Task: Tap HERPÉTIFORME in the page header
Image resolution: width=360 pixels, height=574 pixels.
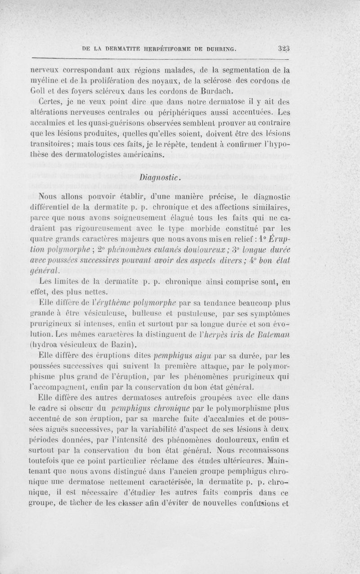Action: tap(158, 49)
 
